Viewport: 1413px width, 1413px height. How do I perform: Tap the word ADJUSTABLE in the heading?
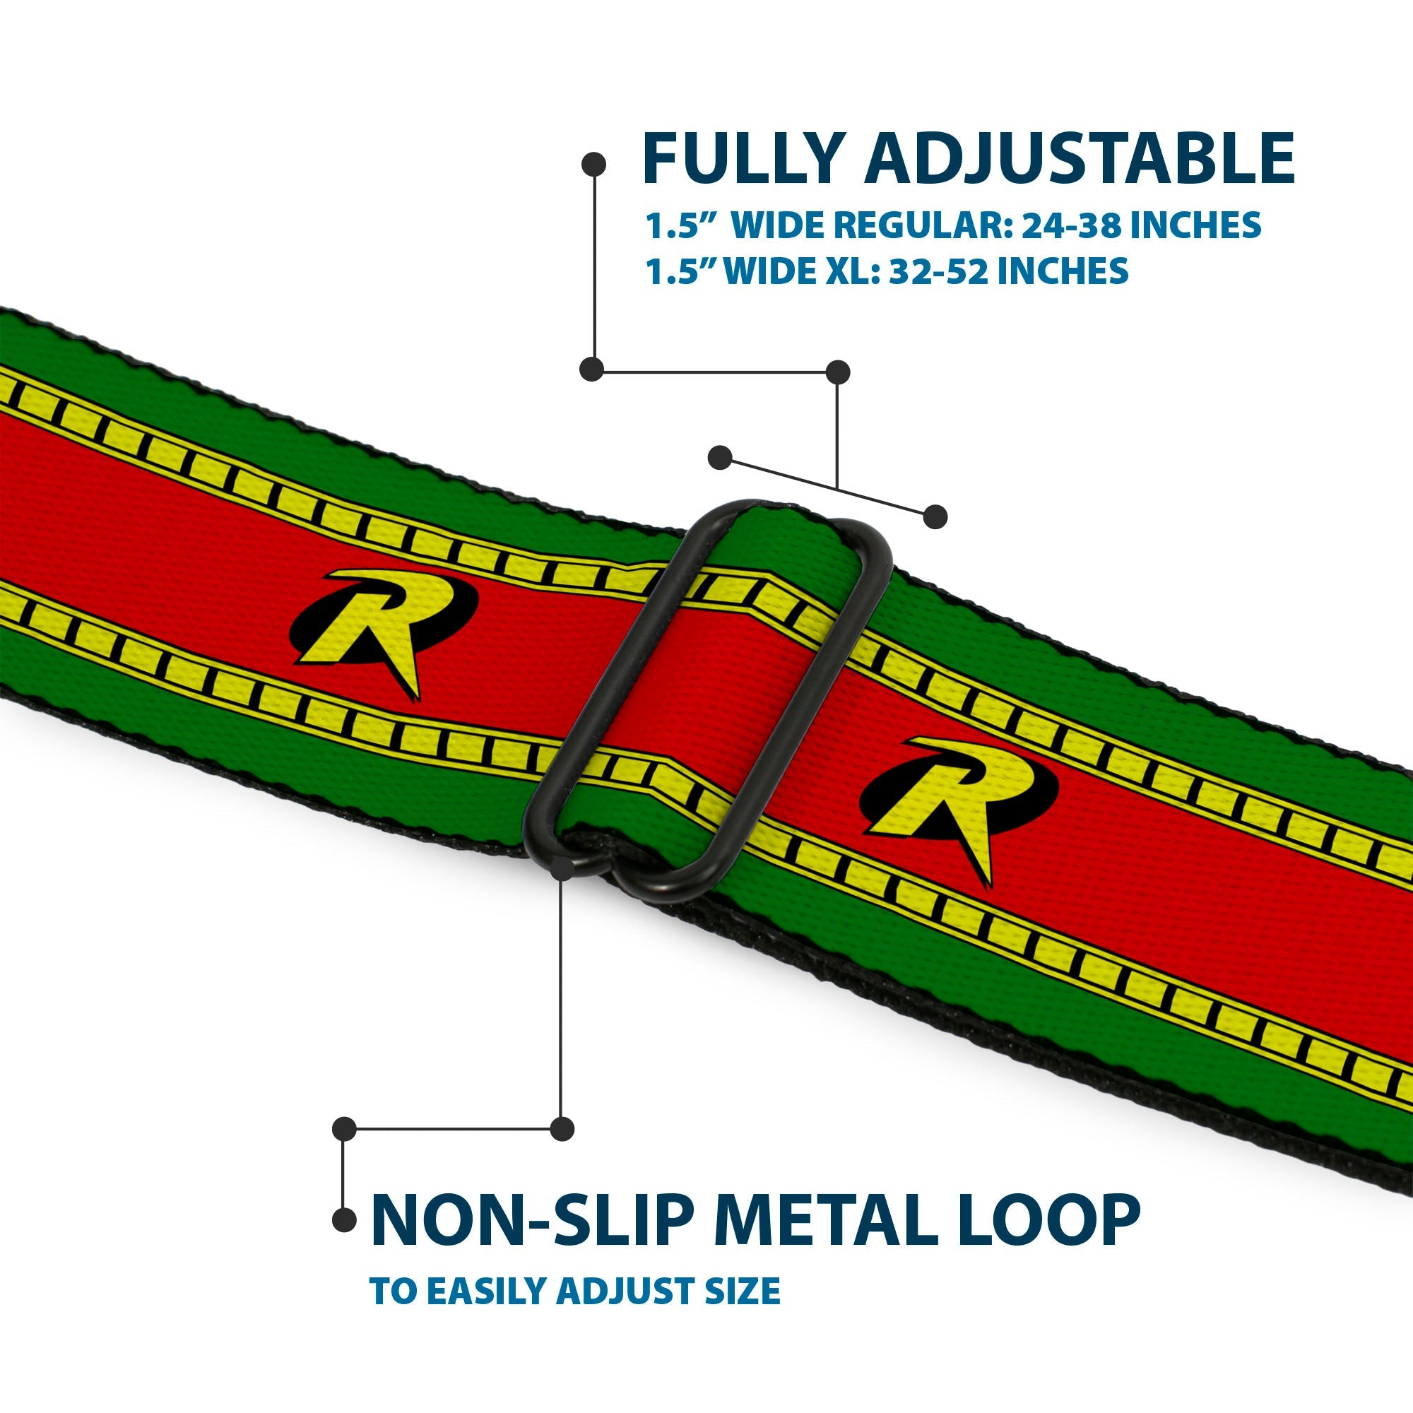tap(1079, 159)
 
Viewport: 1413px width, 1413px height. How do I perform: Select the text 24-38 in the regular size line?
tap(1070, 225)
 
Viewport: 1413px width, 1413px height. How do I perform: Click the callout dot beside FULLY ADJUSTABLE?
tap(593, 164)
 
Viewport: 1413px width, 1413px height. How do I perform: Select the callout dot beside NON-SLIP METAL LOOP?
tap(344, 1220)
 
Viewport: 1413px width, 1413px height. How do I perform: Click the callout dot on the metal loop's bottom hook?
tap(562, 868)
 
